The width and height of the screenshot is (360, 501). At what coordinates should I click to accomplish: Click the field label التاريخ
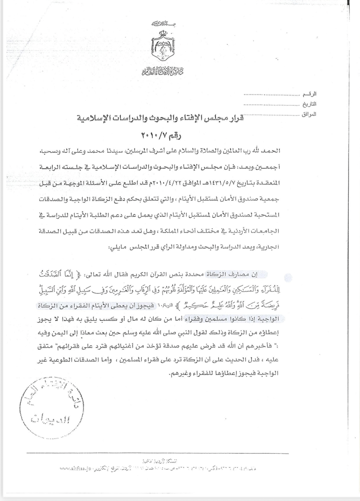click(310, 104)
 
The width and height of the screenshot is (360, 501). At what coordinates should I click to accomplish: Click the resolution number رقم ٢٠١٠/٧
click(161, 136)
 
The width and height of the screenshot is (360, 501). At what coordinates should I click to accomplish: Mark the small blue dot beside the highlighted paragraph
click(288, 278)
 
